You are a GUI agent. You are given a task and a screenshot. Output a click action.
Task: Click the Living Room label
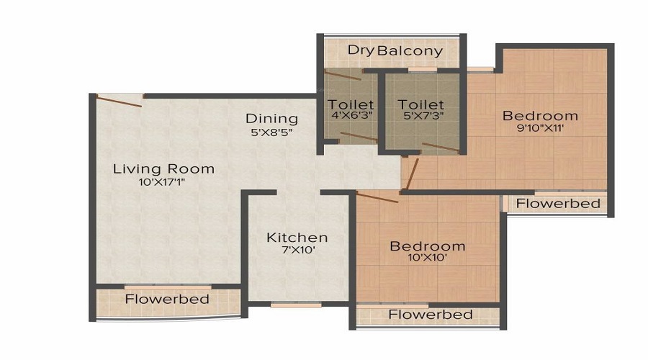tap(163, 169)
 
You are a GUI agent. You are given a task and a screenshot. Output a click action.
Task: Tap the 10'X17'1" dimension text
tap(163, 182)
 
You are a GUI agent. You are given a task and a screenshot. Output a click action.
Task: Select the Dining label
tap(271, 119)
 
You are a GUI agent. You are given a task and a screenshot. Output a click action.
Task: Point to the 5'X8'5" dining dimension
tap(271, 132)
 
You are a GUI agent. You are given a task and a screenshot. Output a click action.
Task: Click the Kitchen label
tap(297, 238)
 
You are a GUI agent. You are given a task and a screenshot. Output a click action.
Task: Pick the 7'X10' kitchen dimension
tap(297, 250)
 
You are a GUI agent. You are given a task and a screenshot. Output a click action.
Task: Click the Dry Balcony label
tap(395, 51)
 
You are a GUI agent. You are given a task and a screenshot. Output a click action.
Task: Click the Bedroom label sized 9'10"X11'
tap(540, 116)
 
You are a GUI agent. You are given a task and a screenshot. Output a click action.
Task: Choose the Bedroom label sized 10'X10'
tap(427, 247)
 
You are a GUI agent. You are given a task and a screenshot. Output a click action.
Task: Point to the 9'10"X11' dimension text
tap(540, 129)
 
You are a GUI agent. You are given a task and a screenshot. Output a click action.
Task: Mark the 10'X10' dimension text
tap(427, 259)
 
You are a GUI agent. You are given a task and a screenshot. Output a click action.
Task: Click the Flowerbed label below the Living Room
tap(167, 299)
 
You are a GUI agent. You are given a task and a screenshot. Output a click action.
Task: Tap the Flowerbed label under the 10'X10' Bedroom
tap(430, 315)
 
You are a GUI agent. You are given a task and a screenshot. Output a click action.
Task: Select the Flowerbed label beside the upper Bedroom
tap(558, 204)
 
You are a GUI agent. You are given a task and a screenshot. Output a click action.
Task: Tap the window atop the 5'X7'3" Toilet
tap(421, 70)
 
